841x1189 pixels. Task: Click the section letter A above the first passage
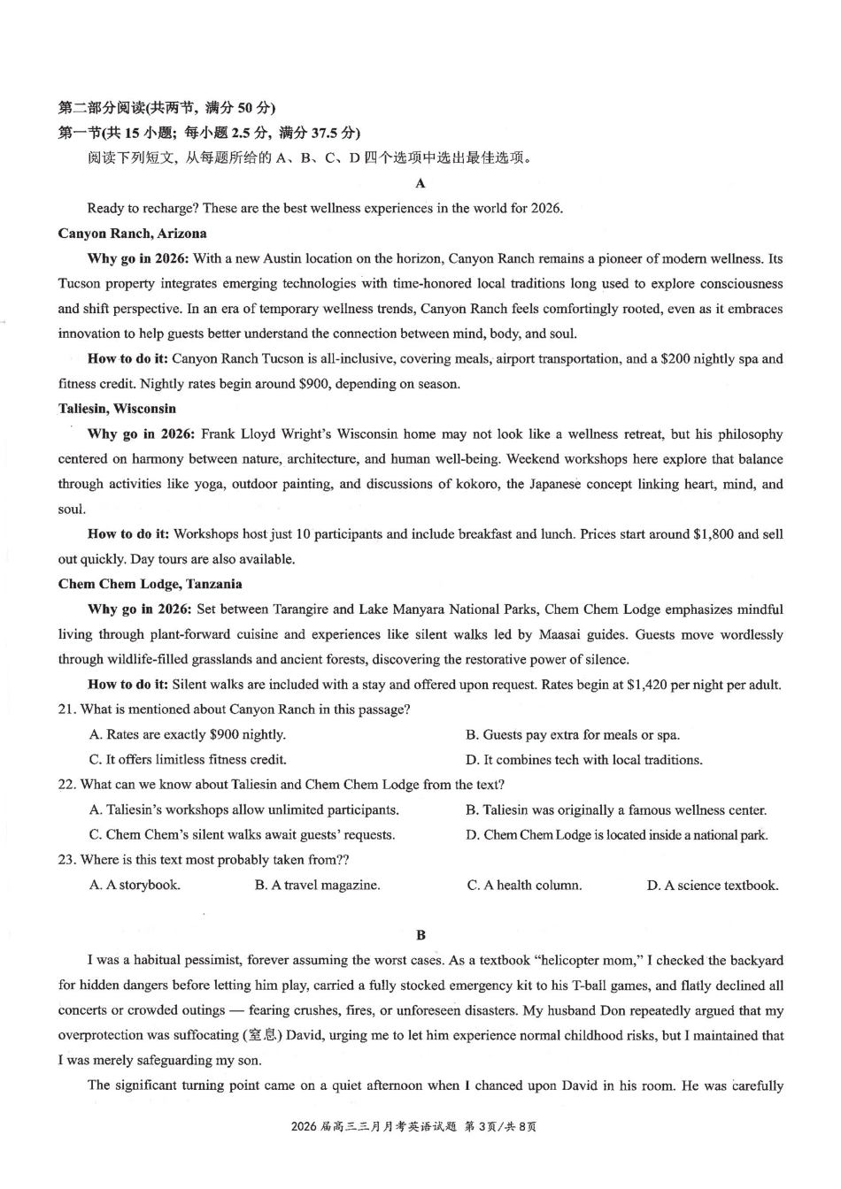(x=420, y=183)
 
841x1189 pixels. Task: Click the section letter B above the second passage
(x=420, y=935)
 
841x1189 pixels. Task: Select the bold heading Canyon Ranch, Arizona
(x=132, y=234)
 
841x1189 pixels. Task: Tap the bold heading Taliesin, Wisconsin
(x=117, y=409)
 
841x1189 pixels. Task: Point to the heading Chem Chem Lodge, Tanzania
(x=150, y=584)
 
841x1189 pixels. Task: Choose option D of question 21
(x=584, y=760)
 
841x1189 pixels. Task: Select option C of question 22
(x=242, y=835)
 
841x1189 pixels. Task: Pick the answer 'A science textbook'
(x=713, y=886)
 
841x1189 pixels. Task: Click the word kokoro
(x=475, y=484)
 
